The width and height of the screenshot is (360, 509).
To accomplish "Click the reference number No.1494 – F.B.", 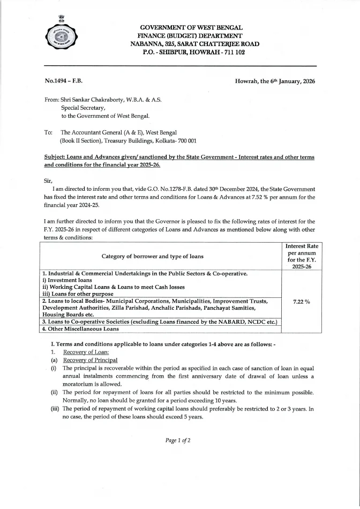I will pos(64,81).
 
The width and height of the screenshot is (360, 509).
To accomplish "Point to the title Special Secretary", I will pos(82,108).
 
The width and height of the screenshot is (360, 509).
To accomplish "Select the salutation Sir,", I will pos(48,181).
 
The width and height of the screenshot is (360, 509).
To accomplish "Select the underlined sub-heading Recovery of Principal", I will pos(90,360).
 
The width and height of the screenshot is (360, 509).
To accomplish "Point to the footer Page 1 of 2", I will pos(179,440).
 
